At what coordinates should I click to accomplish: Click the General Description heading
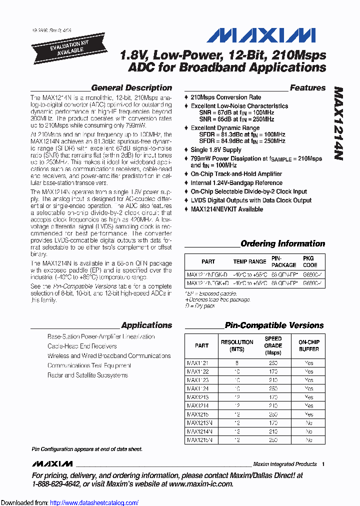[x=131, y=88]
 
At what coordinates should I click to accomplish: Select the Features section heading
[x=307, y=88]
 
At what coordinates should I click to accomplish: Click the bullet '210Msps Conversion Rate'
[x=225, y=97]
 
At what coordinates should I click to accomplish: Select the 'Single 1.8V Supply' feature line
[x=216, y=150]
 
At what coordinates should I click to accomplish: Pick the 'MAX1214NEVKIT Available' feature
[x=226, y=209]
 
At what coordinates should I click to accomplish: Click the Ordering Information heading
[x=282, y=244]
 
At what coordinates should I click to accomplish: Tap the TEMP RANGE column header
[x=249, y=261]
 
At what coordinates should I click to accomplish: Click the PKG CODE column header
[x=310, y=261]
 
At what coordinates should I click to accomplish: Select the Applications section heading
[x=146, y=325]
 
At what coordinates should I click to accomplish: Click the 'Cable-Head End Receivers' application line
[x=82, y=346]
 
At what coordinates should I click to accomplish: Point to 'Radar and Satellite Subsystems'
[x=87, y=375]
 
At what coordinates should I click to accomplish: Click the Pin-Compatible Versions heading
[x=274, y=325]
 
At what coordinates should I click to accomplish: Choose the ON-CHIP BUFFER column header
[x=309, y=345]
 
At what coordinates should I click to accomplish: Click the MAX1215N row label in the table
[x=199, y=440]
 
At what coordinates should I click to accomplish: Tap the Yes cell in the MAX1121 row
[x=309, y=362]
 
